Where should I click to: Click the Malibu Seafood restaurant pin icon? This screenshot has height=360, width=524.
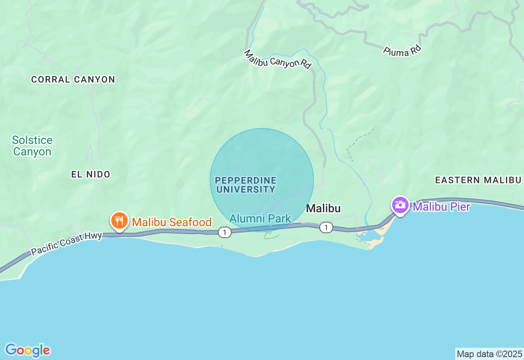(x=119, y=220)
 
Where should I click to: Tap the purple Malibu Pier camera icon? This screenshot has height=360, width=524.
(x=400, y=205)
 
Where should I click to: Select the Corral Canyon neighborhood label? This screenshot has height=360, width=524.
(x=73, y=79)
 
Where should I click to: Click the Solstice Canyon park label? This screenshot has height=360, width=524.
(x=32, y=146)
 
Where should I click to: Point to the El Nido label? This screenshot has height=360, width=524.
(x=91, y=174)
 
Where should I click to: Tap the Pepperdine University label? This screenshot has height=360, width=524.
(x=246, y=185)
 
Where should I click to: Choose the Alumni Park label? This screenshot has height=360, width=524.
(x=260, y=218)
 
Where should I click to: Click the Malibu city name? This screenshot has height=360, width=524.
(x=323, y=208)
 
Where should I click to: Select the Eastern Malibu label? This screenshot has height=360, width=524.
(x=478, y=180)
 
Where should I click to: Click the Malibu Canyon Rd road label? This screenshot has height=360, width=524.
(x=278, y=59)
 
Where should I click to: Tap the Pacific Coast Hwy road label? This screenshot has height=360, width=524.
(x=66, y=243)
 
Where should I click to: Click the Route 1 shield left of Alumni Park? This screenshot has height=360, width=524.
(x=224, y=232)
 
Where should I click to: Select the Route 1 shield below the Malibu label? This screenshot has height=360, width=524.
(x=326, y=227)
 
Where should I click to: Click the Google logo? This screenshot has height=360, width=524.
(x=27, y=350)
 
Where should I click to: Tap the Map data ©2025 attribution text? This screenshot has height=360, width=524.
(x=489, y=354)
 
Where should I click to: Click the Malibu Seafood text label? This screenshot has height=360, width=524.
(x=172, y=222)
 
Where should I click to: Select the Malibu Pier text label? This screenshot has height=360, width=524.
(x=441, y=207)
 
